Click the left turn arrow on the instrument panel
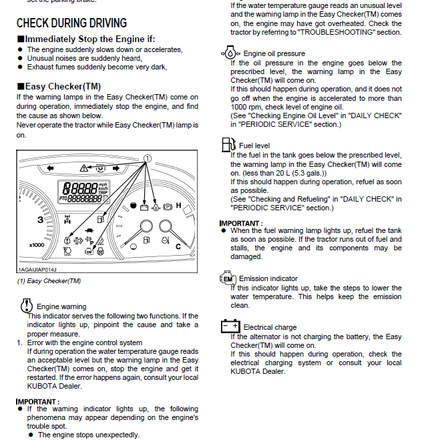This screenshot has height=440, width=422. pos(51,167)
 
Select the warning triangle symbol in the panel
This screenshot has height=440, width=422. pos(83,167)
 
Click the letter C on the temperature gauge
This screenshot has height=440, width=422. pos(178,246)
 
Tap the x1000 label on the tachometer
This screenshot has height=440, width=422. pos(37,244)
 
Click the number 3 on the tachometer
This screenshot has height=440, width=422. pos(40,220)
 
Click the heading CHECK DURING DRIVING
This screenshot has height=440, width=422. pos(71,24)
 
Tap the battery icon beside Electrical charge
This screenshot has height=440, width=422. pos(230,326)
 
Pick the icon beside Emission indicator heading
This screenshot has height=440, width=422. pos(227,278)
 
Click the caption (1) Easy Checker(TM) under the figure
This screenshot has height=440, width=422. pos(49,281)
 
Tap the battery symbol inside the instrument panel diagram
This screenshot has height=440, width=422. pos(142,206)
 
